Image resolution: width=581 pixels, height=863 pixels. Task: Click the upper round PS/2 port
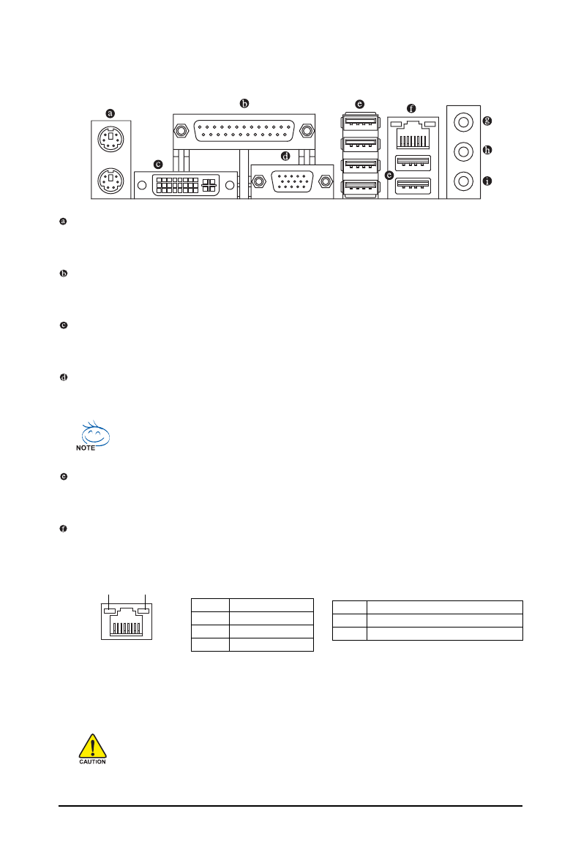coord(109,140)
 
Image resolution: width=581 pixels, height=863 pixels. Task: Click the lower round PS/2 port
coord(109,179)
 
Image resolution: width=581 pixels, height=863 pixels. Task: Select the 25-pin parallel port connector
coord(244,132)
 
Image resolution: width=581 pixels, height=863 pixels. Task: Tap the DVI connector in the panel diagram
coord(186,184)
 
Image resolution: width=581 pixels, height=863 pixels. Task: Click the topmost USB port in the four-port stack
coord(360,120)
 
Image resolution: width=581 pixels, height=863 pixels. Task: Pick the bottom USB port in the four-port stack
coord(360,188)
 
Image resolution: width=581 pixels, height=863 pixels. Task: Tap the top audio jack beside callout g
coord(463,121)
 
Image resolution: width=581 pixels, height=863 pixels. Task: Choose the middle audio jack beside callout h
coord(463,151)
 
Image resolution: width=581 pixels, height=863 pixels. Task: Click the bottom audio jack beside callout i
coord(463,179)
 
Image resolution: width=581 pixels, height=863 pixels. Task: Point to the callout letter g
coord(487,120)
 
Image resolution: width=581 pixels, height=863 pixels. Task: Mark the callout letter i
coord(487,180)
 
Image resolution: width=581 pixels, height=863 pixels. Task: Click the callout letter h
coord(487,151)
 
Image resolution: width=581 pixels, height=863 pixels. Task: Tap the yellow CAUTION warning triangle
coord(92,747)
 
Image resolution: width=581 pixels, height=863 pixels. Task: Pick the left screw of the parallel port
coord(181,132)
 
